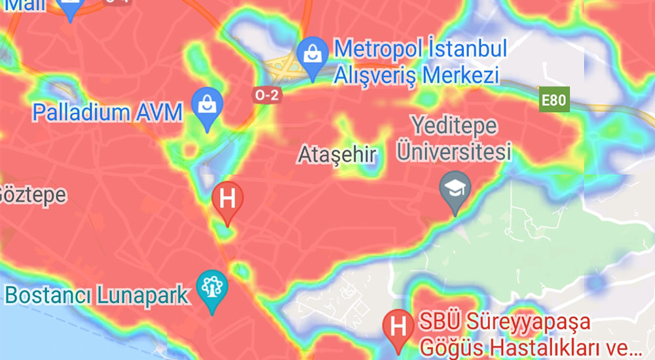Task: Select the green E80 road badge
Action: coord(553,101)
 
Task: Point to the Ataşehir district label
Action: coord(337,155)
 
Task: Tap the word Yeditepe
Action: coord(454,125)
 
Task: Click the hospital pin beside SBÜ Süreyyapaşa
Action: coord(397,325)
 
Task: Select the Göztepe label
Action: coord(33,194)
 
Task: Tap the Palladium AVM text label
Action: coord(107,113)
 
